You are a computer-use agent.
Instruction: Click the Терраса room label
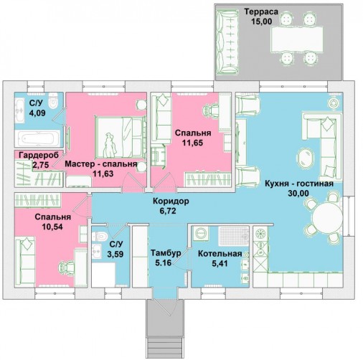coord(261,11)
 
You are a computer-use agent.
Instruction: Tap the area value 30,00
coord(298,193)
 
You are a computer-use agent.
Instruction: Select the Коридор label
coord(171,202)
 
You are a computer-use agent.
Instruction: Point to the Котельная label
coord(220,254)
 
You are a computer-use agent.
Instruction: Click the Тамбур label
coord(166,253)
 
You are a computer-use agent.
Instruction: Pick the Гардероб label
coord(39,155)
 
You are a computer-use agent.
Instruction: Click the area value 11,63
coord(103,174)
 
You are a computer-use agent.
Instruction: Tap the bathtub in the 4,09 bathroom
coord(37,138)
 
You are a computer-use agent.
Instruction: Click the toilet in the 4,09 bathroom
coord(53,101)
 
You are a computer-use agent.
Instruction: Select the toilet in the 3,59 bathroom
coord(100,236)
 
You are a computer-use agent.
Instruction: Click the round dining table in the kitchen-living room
coord(327,218)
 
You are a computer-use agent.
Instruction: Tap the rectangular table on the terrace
coord(297,39)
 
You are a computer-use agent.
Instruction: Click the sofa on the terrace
coord(227,42)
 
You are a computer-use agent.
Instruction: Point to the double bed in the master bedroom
coord(121,137)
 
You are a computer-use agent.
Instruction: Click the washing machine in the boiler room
coord(200,232)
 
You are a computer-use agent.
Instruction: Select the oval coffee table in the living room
coord(305,157)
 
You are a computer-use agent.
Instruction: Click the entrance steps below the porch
coord(165,347)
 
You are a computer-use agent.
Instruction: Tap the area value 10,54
coord(52,227)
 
